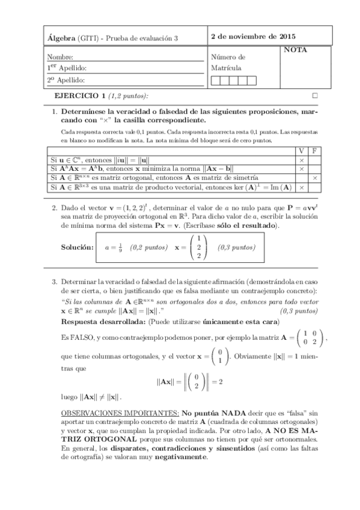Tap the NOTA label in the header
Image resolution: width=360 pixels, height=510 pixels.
tap(295, 51)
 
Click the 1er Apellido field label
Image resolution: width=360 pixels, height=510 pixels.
tap(67, 68)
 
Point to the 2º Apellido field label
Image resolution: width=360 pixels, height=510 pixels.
tap(67, 79)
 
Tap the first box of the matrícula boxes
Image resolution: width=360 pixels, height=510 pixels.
tap(216, 80)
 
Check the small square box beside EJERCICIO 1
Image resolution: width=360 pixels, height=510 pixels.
tap(314, 96)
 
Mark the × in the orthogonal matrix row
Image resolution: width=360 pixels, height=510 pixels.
tap(315, 179)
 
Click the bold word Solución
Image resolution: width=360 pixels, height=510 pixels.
tap(77, 247)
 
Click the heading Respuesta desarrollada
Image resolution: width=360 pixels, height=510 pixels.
tap(100, 322)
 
